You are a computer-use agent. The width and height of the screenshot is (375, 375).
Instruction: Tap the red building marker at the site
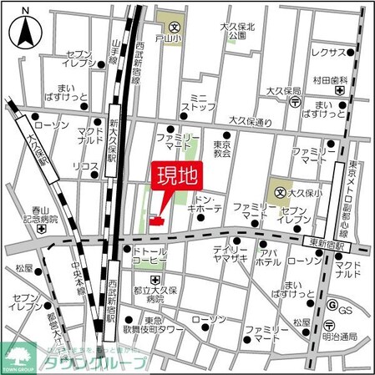pyautogui.click(x=154, y=220)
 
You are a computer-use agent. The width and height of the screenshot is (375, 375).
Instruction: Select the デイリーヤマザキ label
pyautogui.click(x=229, y=256)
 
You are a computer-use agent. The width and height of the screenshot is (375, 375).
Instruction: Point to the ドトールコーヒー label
pyautogui.click(x=150, y=256)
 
